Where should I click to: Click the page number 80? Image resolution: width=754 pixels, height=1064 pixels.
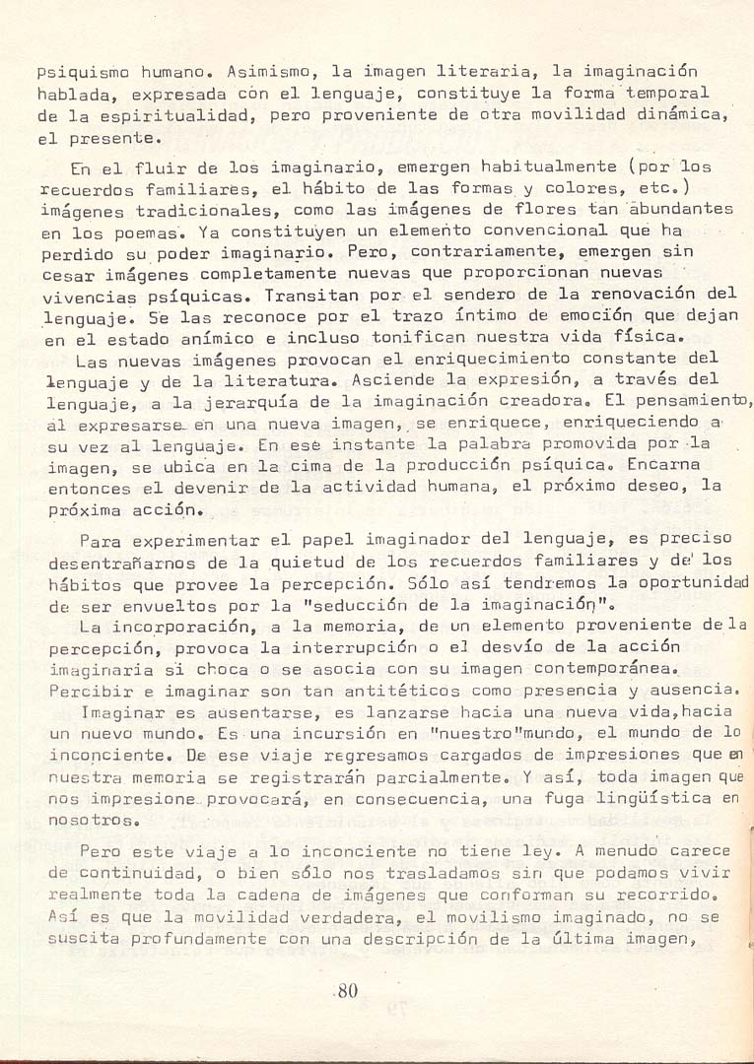point(346,991)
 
